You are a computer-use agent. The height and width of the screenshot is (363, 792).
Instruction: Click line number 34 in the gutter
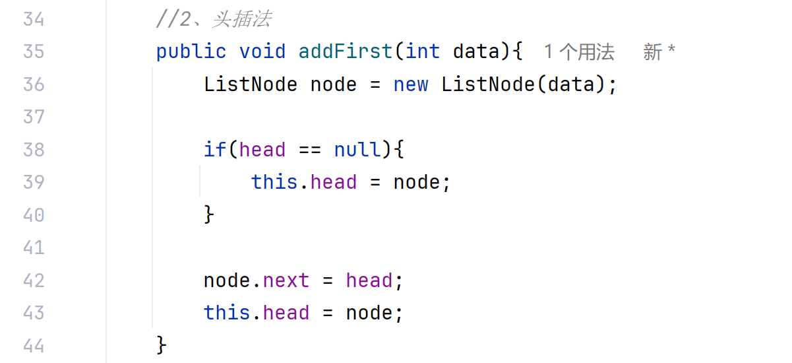34,19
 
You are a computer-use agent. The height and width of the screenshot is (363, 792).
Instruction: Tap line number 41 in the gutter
34,247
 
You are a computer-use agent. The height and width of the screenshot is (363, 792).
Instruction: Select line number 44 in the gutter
34,345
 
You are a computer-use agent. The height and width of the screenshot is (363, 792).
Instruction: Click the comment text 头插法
241,19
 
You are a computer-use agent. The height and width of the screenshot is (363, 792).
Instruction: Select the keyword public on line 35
191,51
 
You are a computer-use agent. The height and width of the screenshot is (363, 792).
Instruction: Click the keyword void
262,51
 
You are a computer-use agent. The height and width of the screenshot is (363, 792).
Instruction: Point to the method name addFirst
346,51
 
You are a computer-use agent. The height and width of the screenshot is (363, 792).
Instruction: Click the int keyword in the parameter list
423,51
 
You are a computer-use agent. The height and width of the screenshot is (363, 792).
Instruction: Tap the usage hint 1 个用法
579,51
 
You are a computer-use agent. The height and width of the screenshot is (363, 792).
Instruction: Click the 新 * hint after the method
659,51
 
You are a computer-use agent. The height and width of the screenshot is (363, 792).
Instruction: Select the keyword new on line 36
411,84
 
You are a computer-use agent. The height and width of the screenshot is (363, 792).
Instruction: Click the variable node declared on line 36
334,84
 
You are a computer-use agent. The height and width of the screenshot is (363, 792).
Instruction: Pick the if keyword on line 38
215,150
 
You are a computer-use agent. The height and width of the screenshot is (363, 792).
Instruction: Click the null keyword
357,150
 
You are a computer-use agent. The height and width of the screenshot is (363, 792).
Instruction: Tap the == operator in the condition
310,150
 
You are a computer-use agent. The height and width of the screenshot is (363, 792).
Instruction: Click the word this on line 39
274,182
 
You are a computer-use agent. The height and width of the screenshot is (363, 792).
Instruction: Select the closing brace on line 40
210,214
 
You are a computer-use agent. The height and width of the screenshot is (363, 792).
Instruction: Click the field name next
286,280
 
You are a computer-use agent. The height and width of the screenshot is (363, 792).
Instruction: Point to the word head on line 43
286,312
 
